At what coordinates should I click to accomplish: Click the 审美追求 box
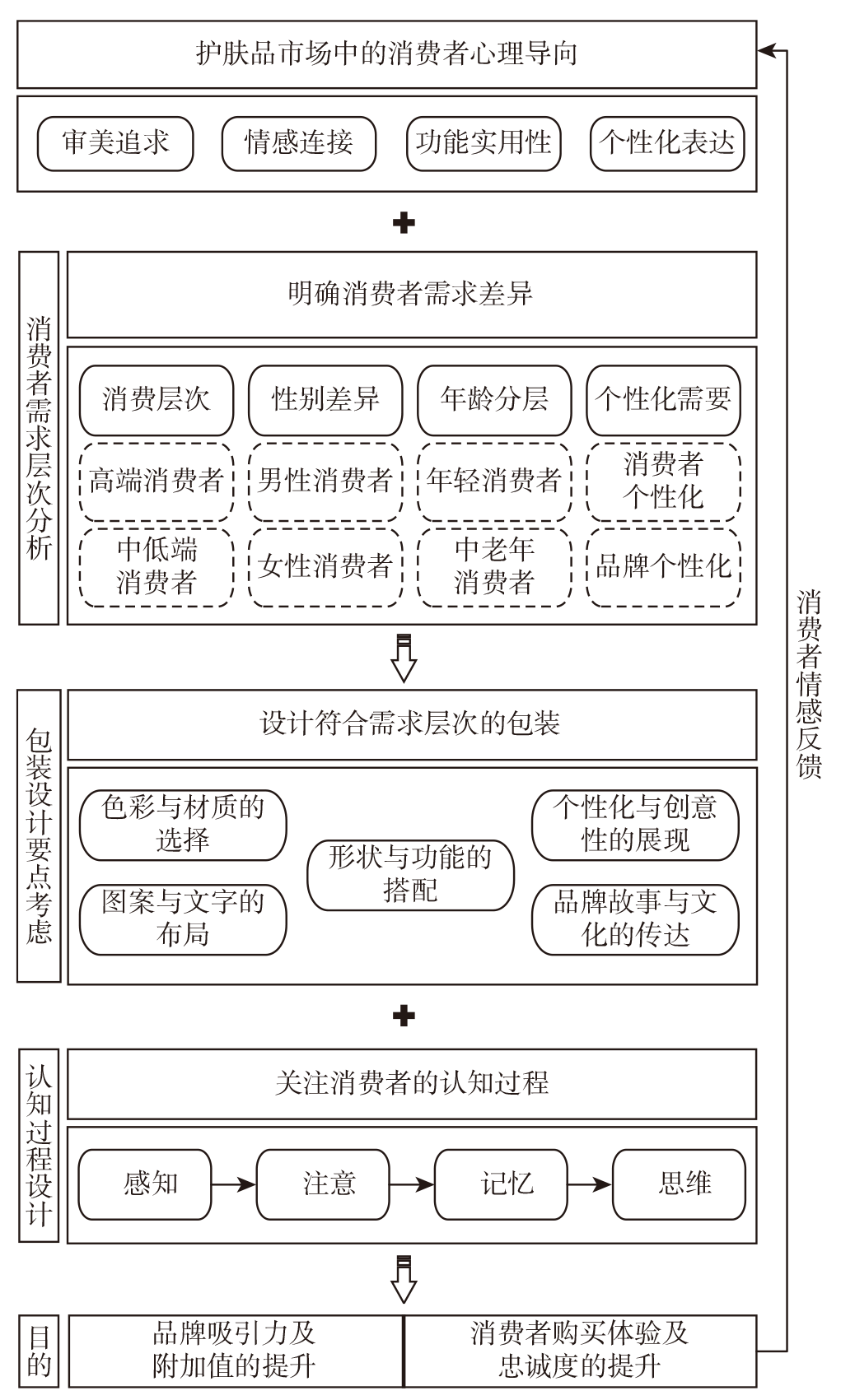pos(115,143)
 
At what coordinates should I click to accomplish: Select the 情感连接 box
pos(298,143)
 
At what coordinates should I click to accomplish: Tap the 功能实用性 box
pos(483,143)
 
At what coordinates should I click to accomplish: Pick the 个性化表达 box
pos(666,143)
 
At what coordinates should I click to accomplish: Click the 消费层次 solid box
pos(157,400)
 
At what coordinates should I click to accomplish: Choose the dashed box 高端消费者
pos(157,481)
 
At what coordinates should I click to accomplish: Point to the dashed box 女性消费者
pos(325,566)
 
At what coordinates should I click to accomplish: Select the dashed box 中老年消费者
pos(494,566)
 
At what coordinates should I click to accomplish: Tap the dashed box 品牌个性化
pos(663,566)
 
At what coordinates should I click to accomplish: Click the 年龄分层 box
pos(494,400)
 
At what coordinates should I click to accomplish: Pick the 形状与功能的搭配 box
pos(410,875)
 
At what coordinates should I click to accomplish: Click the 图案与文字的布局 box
pos(183,919)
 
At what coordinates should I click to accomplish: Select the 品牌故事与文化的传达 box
pos(635,919)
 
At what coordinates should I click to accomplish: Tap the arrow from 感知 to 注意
pos(234,1184)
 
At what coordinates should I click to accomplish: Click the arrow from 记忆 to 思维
pos(590,1184)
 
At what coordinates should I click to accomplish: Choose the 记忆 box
pos(501,1184)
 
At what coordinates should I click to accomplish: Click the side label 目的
pos(40,1351)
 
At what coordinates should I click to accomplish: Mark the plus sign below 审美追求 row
pos(404,223)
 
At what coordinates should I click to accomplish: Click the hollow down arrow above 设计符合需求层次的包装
pos(404,658)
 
